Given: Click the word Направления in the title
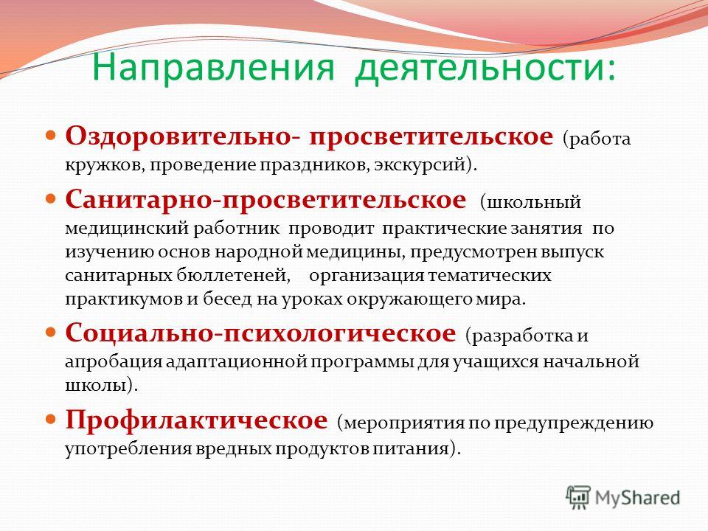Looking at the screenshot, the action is (213, 68).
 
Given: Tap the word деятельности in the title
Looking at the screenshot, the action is (479, 69).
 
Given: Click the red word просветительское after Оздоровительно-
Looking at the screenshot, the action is (431, 137).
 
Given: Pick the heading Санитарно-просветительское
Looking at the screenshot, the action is (265, 200).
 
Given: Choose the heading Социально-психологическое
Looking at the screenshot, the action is (260, 333).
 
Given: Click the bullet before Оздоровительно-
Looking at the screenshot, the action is (52, 135).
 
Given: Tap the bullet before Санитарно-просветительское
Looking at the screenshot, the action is (52, 198).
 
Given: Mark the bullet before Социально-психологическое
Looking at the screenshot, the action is (52, 333).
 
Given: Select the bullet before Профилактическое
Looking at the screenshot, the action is (52, 420).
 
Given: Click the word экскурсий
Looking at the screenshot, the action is (422, 164).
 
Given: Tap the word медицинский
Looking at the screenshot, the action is (127, 229).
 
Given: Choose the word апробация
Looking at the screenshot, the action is (114, 362).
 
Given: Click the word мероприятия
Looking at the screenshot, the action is (403, 424).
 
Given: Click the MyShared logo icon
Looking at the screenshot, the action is (578, 498).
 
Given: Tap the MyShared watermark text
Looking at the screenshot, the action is (637, 498).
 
